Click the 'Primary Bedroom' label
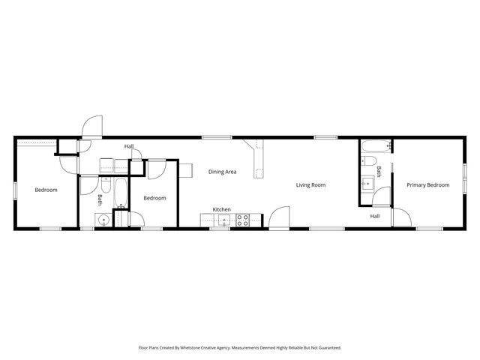pos(428,184)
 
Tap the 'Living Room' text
pos(310,184)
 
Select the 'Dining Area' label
pos(223,172)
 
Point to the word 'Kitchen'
pos(221,209)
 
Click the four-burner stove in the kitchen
pos(243,220)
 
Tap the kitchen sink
pos(223,220)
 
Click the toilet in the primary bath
pos(370,162)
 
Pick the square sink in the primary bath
pos(367,182)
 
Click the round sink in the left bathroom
pos(101,220)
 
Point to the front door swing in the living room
pos(279,217)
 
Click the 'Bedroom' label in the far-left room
pos(46,190)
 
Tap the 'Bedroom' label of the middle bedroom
pos(154,197)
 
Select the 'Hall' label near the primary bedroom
pos(374,216)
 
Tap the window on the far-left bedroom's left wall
pos(15,190)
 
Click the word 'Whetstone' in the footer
pos(211,348)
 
